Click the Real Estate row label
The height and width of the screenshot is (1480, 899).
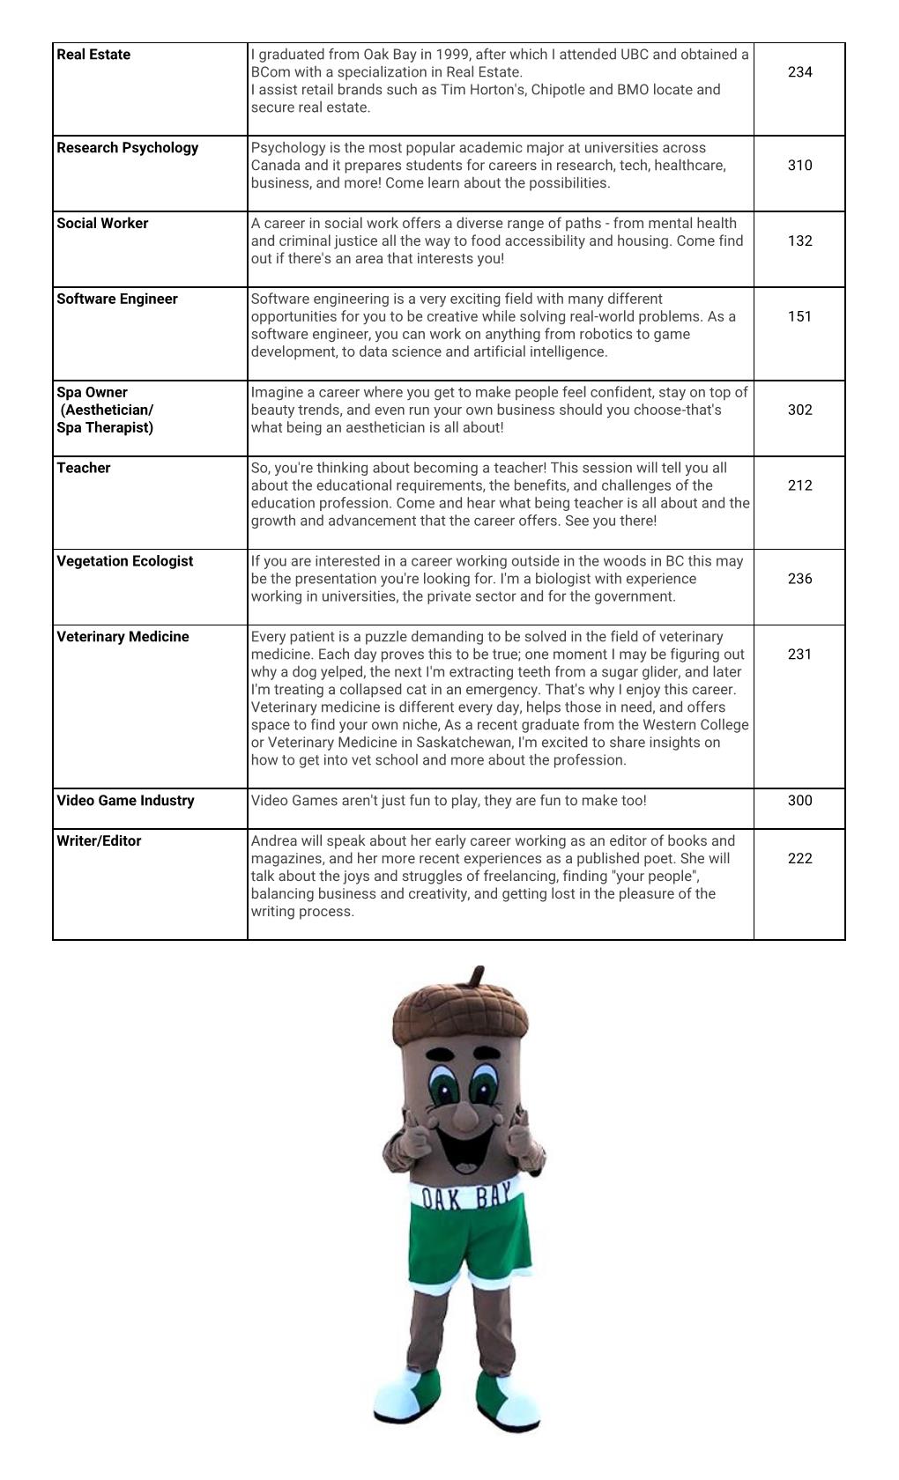point(93,55)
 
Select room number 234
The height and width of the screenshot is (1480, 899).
point(799,72)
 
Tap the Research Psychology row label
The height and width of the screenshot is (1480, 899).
point(127,148)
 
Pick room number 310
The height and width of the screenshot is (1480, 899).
point(799,166)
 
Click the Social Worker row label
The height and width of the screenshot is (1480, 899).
point(102,224)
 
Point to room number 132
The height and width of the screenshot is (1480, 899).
point(799,241)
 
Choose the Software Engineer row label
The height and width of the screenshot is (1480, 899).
point(117,300)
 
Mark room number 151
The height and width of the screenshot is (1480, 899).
point(799,317)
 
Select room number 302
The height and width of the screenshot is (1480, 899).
point(799,411)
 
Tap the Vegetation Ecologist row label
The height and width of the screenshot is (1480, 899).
point(124,562)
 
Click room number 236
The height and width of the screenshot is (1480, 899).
point(799,580)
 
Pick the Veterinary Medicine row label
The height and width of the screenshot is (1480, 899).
point(123,637)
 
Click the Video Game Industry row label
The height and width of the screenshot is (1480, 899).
point(125,801)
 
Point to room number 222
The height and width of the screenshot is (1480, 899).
point(799,859)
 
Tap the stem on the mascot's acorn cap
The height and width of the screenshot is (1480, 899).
point(477,976)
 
